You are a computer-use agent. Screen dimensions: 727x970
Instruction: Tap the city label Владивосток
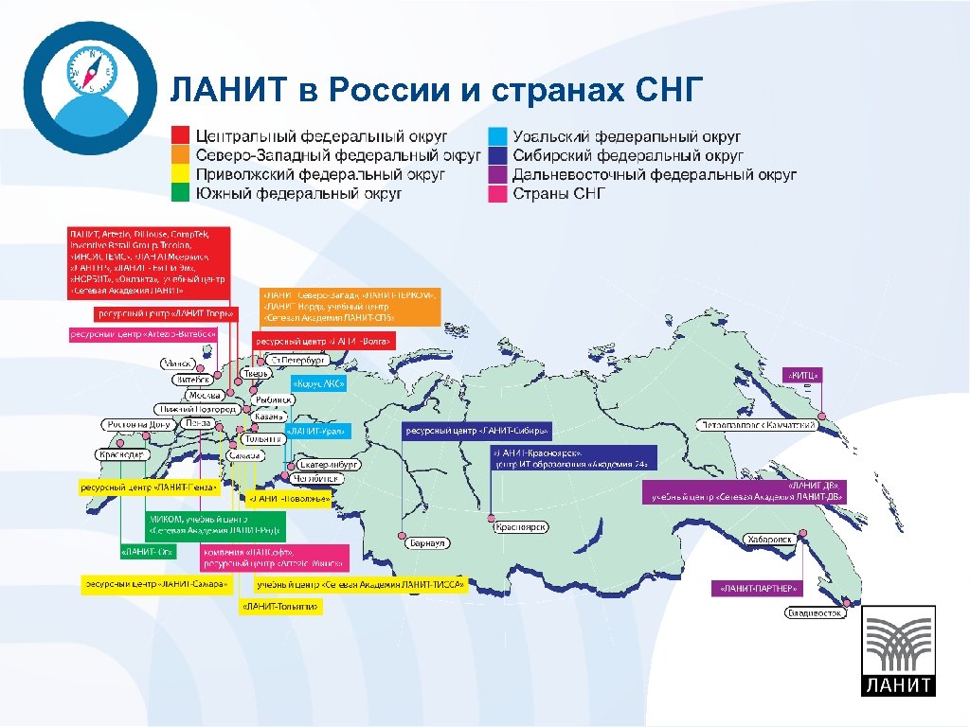click(816, 613)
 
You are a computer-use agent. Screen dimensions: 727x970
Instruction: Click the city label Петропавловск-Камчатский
click(758, 426)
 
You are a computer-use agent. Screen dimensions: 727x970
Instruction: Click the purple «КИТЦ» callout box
click(803, 376)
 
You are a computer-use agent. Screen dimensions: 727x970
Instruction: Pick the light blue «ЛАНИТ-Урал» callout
click(317, 432)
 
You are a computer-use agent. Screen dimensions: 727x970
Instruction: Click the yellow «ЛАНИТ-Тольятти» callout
click(281, 607)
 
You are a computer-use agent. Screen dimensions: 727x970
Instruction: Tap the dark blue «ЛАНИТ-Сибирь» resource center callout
click(477, 432)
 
